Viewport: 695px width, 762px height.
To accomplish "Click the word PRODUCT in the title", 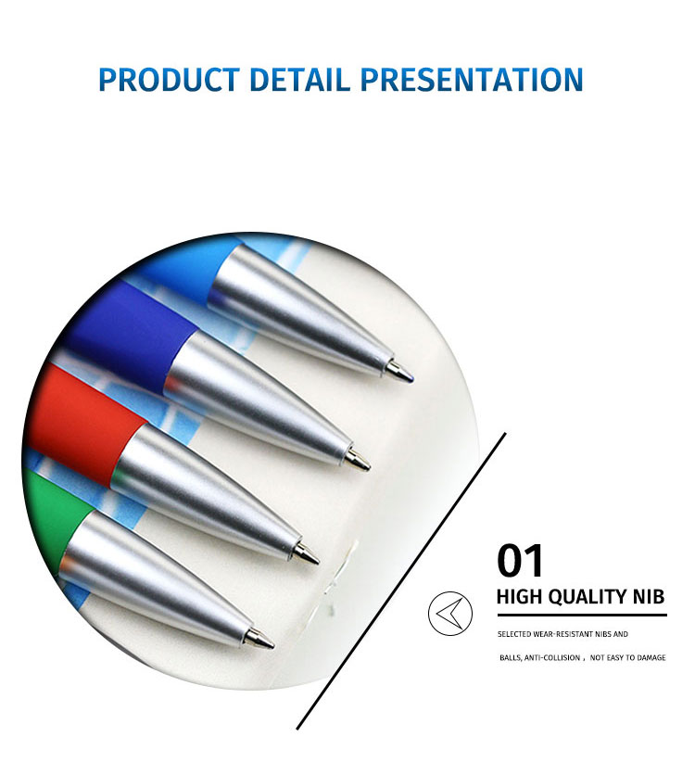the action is point(169,79).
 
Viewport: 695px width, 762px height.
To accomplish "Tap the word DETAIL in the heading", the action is point(299,79).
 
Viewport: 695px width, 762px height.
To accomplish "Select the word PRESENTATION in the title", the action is point(472,79).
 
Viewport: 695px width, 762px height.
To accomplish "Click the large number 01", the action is point(519,561).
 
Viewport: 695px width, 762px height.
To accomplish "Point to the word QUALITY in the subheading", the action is point(588,597).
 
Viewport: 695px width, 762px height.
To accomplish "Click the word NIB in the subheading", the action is point(648,596).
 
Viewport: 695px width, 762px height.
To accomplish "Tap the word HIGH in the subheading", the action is point(520,596).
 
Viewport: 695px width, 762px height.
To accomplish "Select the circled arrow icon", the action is point(449,614).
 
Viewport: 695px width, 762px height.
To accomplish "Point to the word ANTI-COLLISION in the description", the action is point(552,658).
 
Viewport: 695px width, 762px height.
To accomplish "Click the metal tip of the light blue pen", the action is point(399,372).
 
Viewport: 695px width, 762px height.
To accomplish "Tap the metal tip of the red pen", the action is point(306,553).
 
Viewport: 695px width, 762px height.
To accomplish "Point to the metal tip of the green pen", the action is point(259,638).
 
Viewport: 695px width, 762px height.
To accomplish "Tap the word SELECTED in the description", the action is point(514,634).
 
